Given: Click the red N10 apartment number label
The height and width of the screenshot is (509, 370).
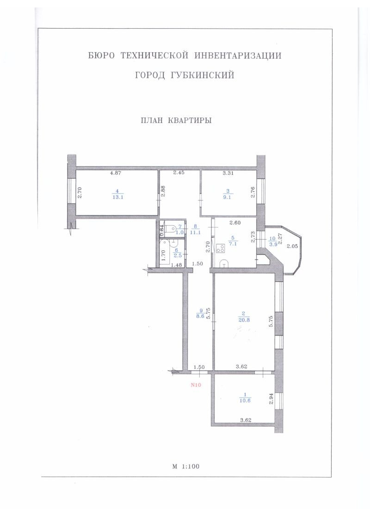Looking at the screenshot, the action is [197, 385].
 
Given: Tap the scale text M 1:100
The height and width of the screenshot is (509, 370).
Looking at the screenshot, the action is [186, 466].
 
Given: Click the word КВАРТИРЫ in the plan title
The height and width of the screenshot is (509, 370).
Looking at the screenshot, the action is [190, 120].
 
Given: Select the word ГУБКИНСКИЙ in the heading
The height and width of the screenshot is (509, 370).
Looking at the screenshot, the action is [202, 75].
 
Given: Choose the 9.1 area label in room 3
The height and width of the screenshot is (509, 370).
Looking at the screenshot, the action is [227, 197].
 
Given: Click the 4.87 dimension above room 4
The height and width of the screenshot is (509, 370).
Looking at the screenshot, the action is [116, 173].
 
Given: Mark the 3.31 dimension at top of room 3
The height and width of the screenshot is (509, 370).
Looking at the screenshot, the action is [228, 173].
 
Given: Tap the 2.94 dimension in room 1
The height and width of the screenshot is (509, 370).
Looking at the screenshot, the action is [271, 398].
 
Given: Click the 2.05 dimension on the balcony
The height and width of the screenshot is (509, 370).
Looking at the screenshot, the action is [292, 246].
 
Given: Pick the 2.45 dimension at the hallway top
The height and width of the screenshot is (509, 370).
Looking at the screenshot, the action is [179, 173].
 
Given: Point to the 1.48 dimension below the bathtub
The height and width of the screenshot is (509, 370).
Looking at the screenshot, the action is [176, 265].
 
